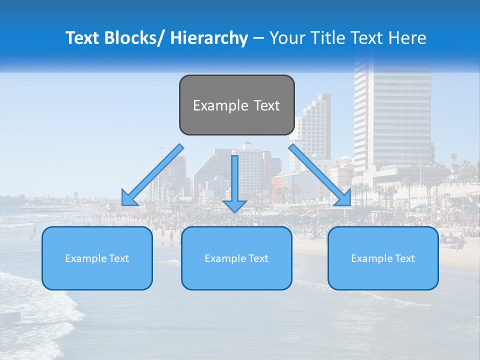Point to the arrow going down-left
pos(152,175)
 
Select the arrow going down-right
pos(320,175)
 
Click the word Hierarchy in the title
pos(209,38)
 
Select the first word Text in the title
pos(83,38)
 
